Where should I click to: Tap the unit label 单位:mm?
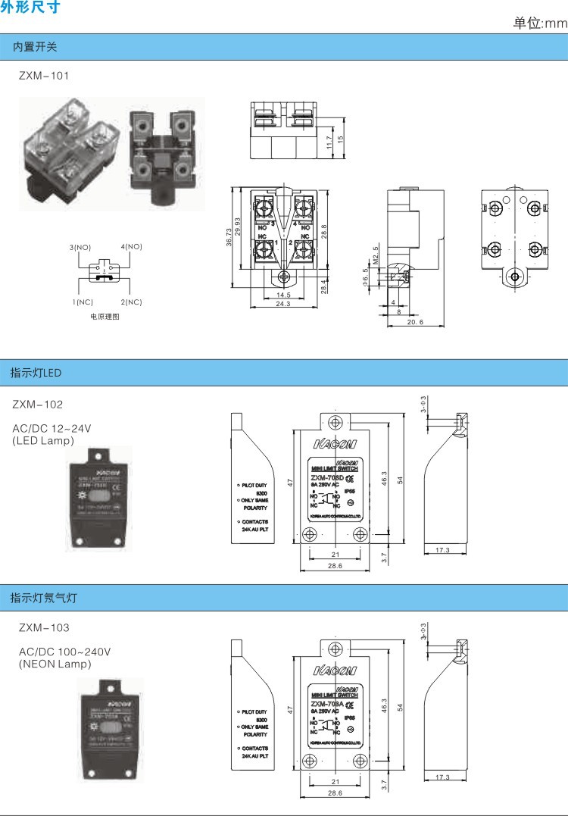point(539,23)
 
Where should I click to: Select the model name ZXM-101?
point(44,76)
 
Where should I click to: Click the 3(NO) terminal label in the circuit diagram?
point(80,247)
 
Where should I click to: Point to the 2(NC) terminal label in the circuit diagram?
point(130,302)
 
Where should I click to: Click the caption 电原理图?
point(105,317)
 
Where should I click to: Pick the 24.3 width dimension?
point(283,304)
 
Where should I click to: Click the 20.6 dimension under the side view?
point(415,322)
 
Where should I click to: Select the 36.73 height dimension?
point(229,237)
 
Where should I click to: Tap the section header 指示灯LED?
point(36,373)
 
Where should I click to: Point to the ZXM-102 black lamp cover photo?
point(100,498)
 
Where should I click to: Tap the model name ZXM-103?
point(44,627)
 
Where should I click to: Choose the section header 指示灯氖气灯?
point(43,598)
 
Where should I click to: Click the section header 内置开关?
point(35,47)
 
